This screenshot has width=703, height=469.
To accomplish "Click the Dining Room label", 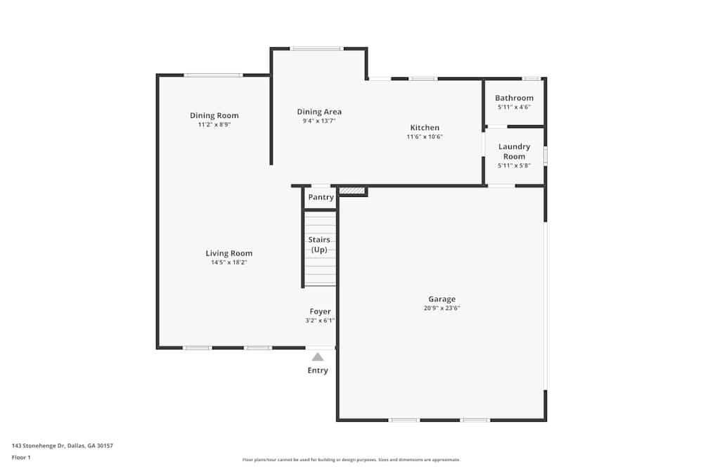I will [x=214, y=115].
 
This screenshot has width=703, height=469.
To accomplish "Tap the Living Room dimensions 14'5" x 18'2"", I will [x=229, y=262].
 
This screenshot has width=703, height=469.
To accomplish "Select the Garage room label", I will [x=442, y=299].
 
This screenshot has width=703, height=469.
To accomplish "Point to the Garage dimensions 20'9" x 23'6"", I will [x=442, y=308].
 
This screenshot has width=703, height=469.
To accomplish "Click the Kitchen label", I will [x=425, y=127].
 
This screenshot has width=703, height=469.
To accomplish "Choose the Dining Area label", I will [x=319, y=112].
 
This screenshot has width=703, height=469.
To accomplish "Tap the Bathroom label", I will [x=514, y=98].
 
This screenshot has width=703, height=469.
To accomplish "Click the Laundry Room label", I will [x=514, y=151].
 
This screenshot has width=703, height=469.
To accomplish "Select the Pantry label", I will [x=321, y=198].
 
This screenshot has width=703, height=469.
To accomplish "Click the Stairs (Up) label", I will [x=319, y=245].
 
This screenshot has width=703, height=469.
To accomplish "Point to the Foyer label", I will [x=320, y=311].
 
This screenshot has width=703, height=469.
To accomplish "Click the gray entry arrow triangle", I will [x=318, y=357].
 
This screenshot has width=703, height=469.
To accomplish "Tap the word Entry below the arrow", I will [x=318, y=371].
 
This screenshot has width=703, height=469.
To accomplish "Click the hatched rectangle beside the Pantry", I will [x=352, y=191].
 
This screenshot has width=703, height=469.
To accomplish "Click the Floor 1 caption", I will [x=21, y=457].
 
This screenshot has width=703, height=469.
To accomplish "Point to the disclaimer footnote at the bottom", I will [x=351, y=460].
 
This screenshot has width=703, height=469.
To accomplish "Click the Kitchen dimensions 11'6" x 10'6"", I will [x=425, y=136].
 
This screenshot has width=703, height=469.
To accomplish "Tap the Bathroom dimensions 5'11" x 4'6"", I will [x=514, y=107].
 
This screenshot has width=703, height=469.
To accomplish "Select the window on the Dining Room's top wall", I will [x=213, y=75].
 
